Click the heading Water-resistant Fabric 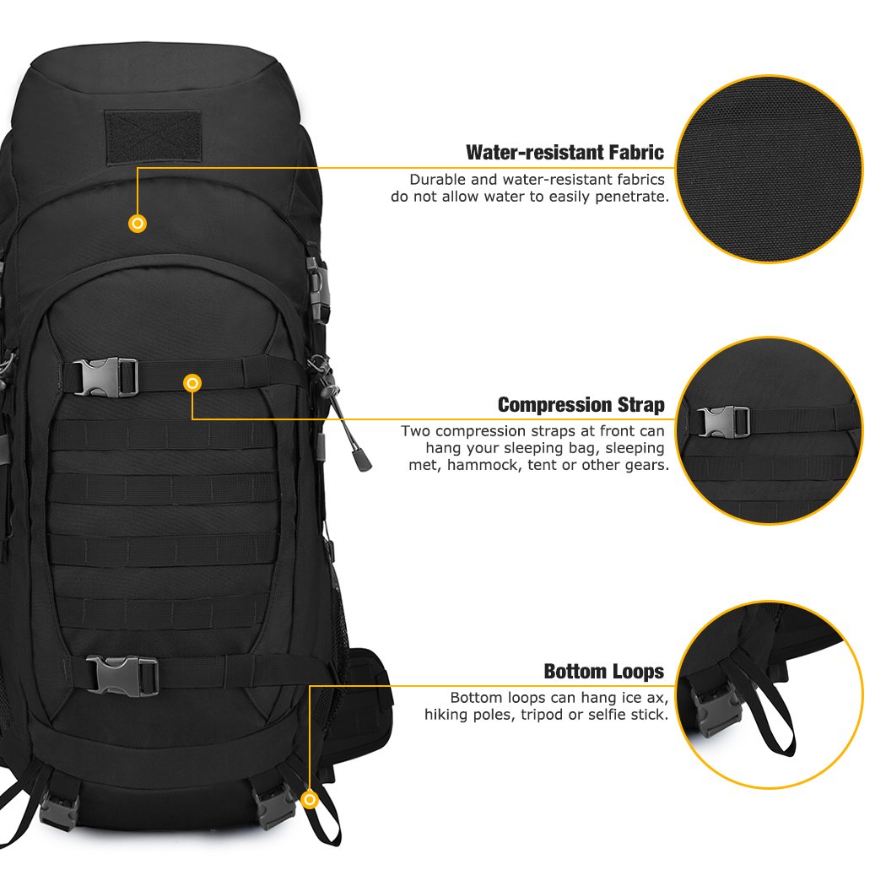pos(565,153)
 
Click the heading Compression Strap pos(581,404)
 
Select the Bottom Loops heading pos(603,672)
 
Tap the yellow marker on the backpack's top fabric pos(138,224)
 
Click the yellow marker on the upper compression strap pos(193,384)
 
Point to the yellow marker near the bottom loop pos(310,798)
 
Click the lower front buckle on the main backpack pos(122,674)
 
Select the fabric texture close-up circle pos(769,169)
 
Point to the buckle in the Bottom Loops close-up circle pos(715,707)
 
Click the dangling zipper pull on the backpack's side pos(361,458)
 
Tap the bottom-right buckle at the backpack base pos(277,806)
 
